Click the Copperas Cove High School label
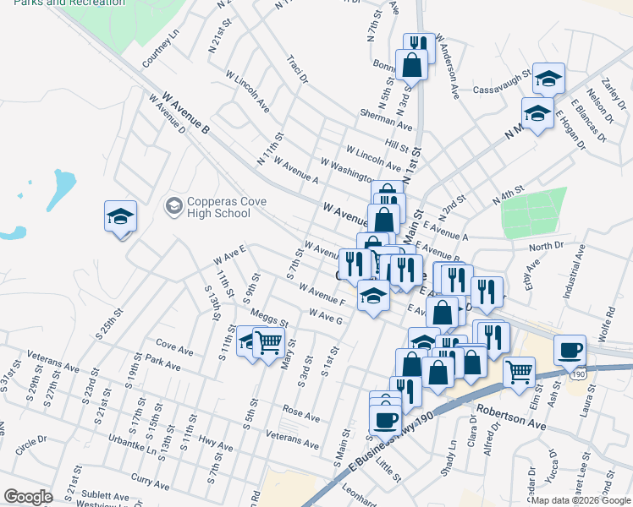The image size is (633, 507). (219, 207)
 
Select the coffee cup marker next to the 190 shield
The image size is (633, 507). (570, 349)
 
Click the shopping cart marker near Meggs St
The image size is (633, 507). (267, 342)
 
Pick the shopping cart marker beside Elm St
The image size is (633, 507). (519, 371)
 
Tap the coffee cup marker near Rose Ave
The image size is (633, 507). (385, 418)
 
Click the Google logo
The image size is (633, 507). (28, 497)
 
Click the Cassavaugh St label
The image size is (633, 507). (501, 75)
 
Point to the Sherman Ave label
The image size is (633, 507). (385, 121)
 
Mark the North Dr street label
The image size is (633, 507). (546, 247)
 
